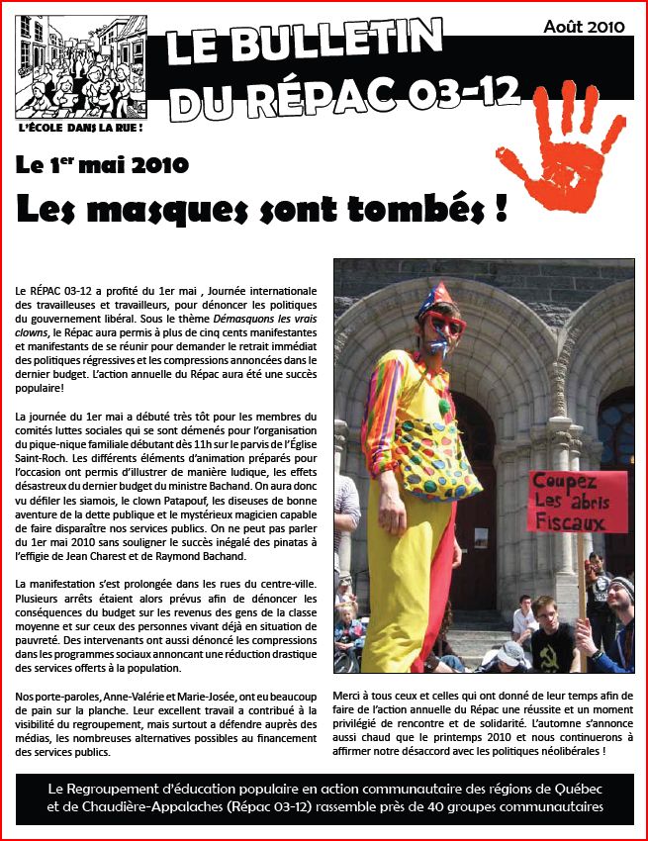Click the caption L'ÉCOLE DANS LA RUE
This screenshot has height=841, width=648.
81,128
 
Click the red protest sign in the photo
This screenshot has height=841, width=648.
578,501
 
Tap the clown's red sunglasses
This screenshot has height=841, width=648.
443,324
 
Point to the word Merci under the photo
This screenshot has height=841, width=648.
350,696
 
